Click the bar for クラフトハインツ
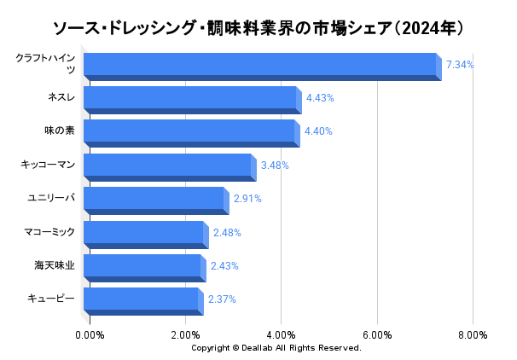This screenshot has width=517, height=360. point(261,66)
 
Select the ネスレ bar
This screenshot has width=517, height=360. point(190,99)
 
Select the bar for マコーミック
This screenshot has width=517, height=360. point(143,233)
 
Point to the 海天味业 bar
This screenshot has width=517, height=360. point(142,266)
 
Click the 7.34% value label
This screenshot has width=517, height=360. point(460,65)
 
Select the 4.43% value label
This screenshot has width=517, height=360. point(320,98)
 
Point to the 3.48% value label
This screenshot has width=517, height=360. point(275,165)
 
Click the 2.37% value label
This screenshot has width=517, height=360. point(222,299)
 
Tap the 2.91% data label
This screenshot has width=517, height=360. point(247,199)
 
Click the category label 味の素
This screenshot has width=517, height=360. point(60,131)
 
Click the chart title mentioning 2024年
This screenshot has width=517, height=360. point(258,28)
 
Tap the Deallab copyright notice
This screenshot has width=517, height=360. point(276,348)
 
